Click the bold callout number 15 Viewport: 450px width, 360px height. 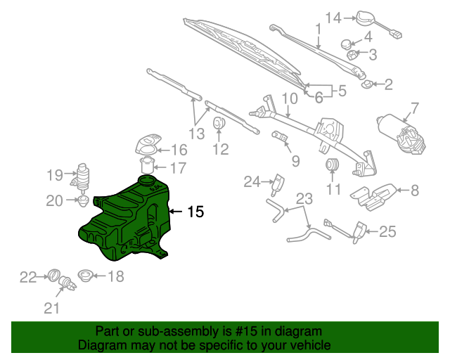196,211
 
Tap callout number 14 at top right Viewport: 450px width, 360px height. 333,17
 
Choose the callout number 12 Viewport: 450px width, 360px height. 221,149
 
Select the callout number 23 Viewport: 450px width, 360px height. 304,198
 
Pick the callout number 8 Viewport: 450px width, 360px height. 414,189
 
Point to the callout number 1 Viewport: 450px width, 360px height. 318,30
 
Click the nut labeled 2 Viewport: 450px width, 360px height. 367,86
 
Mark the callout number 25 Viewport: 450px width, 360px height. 389,231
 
